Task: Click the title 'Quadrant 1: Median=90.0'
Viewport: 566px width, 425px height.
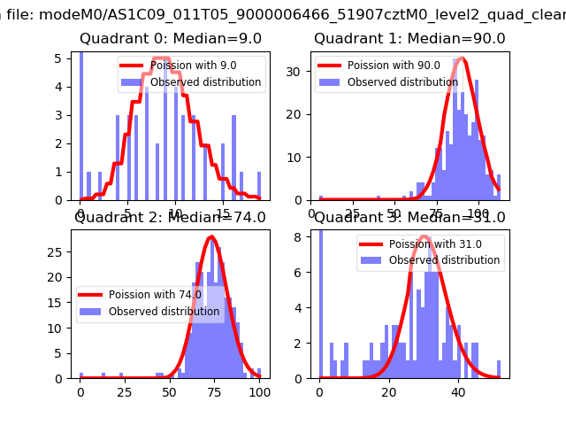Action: pyautogui.click(x=409, y=39)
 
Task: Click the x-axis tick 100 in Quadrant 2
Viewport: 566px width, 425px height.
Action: pyautogui.click(x=259, y=391)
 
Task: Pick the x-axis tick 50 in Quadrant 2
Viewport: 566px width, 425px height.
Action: pyautogui.click(x=170, y=391)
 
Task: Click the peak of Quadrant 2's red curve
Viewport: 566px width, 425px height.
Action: pyautogui.click(x=211, y=236)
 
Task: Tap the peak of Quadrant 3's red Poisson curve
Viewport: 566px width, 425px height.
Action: pyautogui.click(x=424, y=236)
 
